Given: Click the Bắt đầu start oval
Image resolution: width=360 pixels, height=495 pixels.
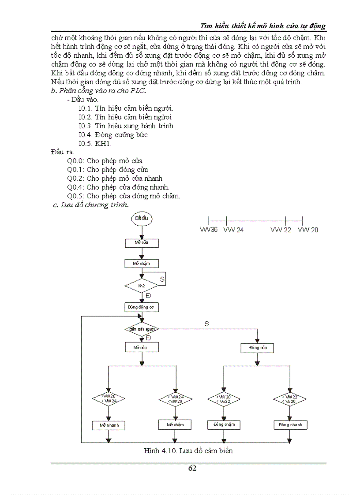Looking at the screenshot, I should coord(141,219).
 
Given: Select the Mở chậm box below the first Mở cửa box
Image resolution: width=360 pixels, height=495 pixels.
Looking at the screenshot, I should coord(142,263).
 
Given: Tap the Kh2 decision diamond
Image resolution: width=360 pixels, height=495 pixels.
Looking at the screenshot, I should coord(141,286).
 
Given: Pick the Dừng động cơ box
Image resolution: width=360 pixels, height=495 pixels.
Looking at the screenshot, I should coord(142,307).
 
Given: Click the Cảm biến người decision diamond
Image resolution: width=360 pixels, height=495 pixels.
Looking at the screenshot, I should coord(141,329).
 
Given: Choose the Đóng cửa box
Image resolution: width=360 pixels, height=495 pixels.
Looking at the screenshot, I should coord(257,348).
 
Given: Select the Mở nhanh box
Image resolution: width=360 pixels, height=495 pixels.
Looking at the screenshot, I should coord(109,425).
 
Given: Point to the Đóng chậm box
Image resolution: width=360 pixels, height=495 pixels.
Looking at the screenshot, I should coord(224,424).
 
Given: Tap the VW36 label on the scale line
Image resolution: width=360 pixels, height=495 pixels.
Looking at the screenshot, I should coord(209,230).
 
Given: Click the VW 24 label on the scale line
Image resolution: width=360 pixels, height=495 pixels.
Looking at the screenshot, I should coord(234,230).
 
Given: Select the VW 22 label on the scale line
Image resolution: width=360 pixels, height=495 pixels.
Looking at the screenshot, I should coord(281,230).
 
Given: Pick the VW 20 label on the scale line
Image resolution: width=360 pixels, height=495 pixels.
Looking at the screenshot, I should coord(308,230).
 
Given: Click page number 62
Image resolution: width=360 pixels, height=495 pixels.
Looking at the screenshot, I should coord(192,469).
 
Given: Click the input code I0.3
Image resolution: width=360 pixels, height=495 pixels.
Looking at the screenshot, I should coord(85,126).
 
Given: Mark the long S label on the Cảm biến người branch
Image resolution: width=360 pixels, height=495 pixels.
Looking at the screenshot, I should coord(206,324).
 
